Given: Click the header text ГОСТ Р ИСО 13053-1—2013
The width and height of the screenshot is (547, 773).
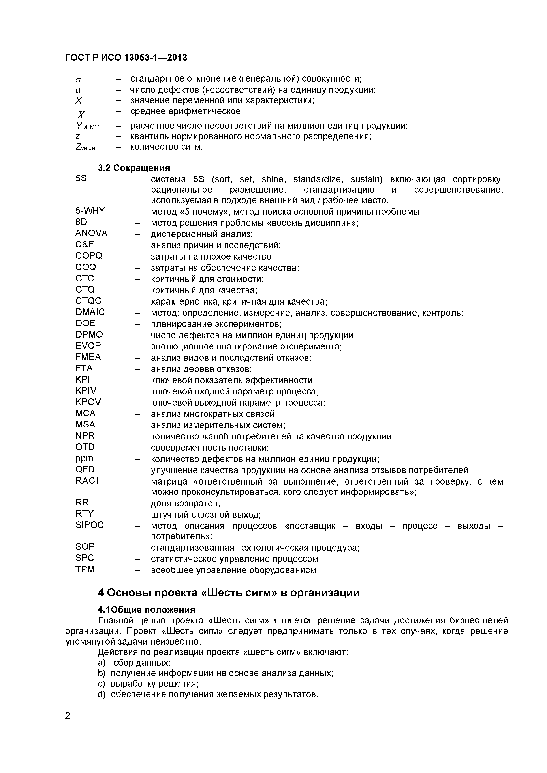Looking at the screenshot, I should point(126,58).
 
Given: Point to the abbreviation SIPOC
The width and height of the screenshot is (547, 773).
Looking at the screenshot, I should point(89,525).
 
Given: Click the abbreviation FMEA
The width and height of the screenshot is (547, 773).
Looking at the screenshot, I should point(88,357).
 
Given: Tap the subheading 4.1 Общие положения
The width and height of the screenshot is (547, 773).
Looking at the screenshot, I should point(146,610).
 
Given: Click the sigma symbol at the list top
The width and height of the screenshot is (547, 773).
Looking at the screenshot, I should point(78,80).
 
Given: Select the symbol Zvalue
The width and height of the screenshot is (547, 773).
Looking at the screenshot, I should point(85,147).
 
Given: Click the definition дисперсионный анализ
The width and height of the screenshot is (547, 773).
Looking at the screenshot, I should point(201,234).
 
